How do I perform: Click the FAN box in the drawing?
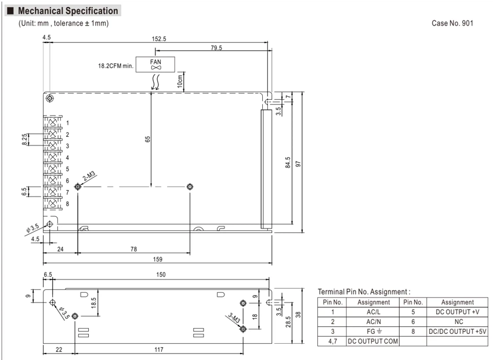tap(155, 64)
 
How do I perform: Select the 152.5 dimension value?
tap(159, 39)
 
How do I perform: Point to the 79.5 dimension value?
tap(216, 48)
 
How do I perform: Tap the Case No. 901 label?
tap(452, 23)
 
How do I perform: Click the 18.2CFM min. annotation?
tap(115, 66)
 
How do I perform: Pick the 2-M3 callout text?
tap(89, 176)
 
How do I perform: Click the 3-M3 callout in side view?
tap(234, 318)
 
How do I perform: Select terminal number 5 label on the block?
tap(67, 169)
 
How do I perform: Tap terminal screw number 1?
tap(53, 122)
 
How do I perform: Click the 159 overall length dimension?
tap(158, 259)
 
